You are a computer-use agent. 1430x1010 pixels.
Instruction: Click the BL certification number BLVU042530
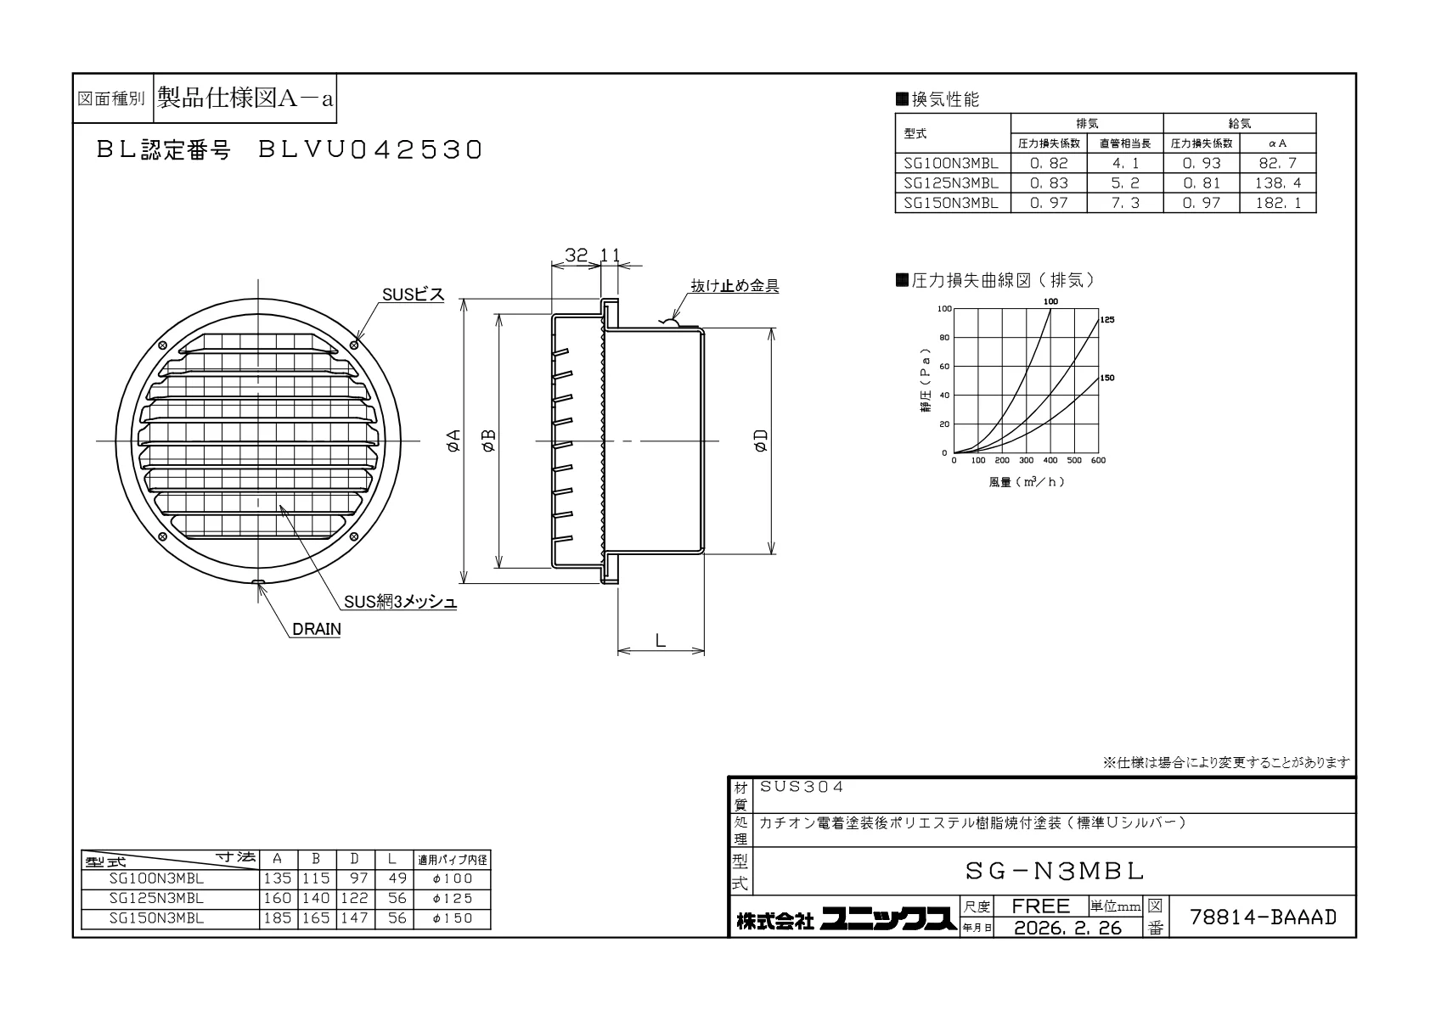click(x=370, y=150)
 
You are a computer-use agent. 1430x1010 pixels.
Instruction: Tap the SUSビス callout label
click(x=413, y=295)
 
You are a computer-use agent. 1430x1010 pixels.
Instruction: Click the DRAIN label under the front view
click(x=317, y=629)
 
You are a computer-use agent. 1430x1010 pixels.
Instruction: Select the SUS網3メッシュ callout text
click(x=400, y=602)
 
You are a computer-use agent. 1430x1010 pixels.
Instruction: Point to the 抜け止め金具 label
click(x=735, y=285)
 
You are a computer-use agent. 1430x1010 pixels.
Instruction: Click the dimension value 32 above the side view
click(x=576, y=255)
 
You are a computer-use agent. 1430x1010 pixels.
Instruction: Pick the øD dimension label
click(x=760, y=440)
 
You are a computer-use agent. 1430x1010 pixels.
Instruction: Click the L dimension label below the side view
click(x=661, y=640)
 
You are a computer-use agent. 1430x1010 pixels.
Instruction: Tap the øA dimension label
click(x=453, y=440)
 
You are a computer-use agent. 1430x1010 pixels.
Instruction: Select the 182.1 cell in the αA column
click(x=1278, y=203)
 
